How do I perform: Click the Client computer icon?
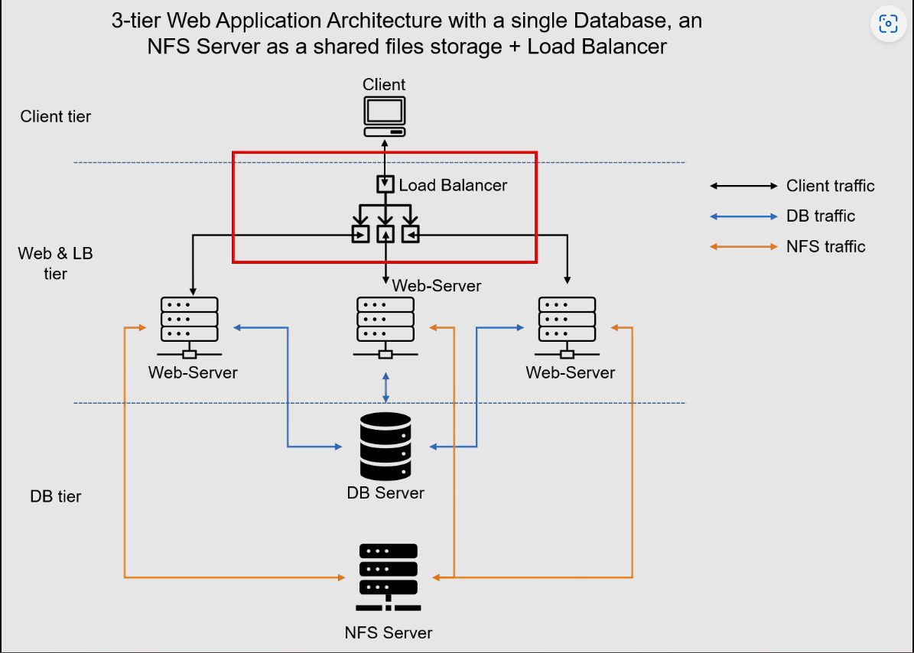[x=385, y=116]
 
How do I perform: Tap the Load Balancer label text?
[x=453, y=185]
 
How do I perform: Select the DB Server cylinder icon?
[x=385, y=447]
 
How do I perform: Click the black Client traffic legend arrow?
[x=743, y=186]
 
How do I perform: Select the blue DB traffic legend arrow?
[x=743, y=216]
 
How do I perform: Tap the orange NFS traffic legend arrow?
[x=743, y=247]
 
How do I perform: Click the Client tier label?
[x=56, y=117]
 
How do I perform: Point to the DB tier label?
[x=56, y=496]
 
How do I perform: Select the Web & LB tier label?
[x=56, y=263]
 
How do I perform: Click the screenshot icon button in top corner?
[x=888, y=24]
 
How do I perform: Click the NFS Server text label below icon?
[x=388, y=633]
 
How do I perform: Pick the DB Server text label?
[x=385, y=492]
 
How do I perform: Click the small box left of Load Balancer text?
[x=385, y=184]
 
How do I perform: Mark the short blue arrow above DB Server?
[x=385, y=388]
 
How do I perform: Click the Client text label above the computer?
[x=384, y=84]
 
